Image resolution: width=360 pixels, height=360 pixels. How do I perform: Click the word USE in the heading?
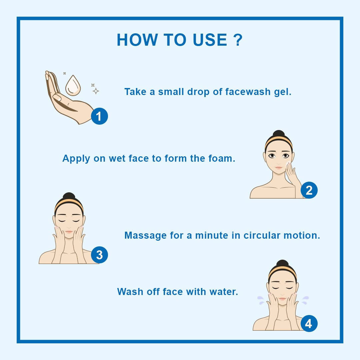point(210,40)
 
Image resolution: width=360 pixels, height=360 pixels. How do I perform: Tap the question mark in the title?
point(238,40)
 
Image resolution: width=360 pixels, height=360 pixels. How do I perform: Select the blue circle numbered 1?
point(99,116)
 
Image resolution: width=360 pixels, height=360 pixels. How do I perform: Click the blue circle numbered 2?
point(309,190)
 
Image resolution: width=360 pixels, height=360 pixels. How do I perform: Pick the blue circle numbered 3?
point(99,255)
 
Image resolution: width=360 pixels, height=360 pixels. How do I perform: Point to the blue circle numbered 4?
point(309,323)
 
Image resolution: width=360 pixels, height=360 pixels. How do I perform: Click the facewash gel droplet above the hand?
point(73,85)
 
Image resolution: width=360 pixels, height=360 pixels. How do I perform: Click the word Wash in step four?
point(130,292)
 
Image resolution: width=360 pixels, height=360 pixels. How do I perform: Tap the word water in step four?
point(224,292)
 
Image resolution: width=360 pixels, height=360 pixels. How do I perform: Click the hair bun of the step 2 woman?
point(278,134)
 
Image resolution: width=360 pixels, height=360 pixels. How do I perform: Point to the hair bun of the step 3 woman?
point(69,196)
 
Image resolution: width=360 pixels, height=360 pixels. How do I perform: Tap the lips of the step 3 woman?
point(69,232)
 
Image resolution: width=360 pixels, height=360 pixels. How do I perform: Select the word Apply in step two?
point(76,159)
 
